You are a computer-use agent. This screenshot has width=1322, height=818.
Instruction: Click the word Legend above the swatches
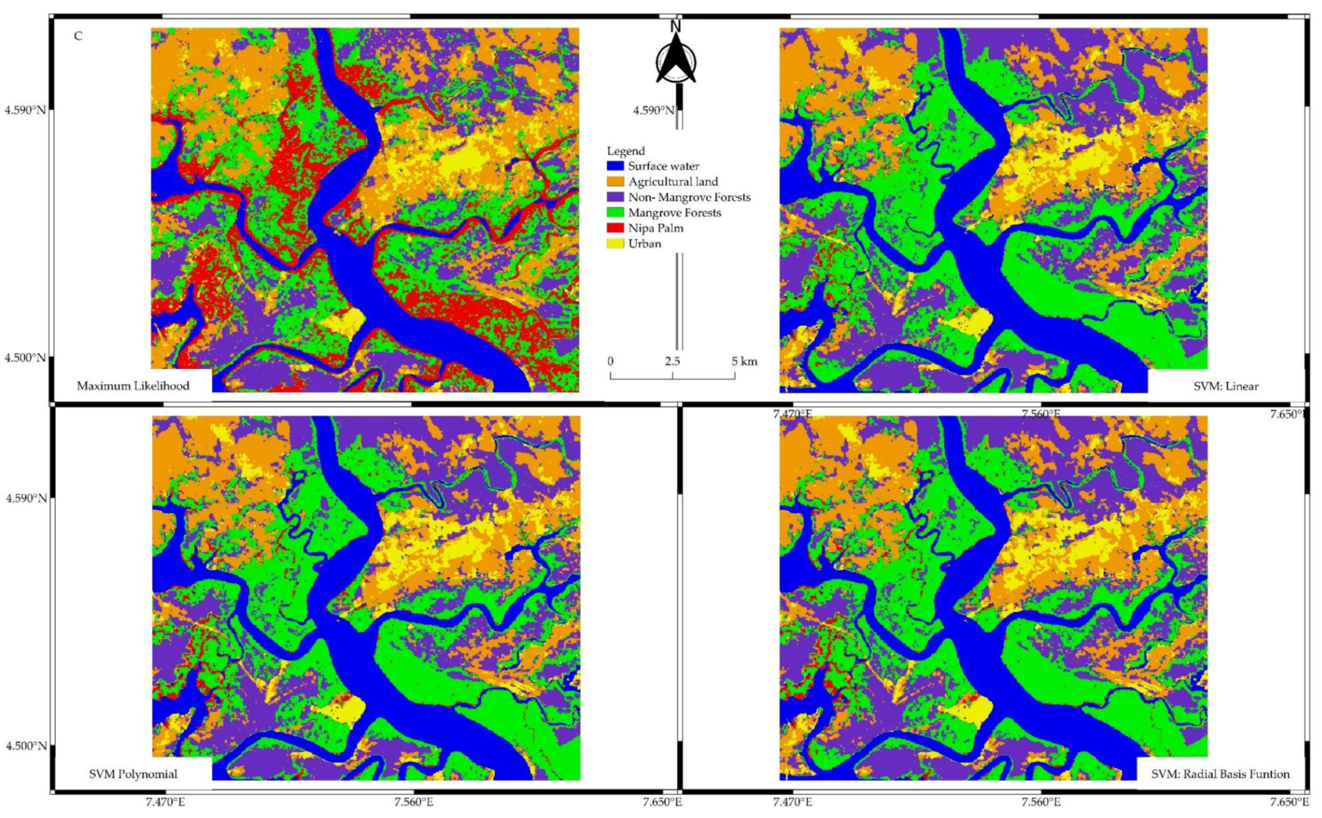coord(626,151)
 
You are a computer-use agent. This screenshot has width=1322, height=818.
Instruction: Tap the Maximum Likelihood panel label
coord(133,386)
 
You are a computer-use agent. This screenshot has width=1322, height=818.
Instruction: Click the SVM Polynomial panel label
coord(133,774)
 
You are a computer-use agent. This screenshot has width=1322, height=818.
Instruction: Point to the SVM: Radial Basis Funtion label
coord(1220,774)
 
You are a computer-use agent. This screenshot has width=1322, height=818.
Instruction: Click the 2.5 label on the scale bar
coord(673,361)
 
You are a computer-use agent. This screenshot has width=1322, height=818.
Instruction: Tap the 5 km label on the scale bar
coord(744,361)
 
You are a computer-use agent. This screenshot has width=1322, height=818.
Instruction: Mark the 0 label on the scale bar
coord(611,361)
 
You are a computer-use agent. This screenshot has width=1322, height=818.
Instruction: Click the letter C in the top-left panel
coord(78,36)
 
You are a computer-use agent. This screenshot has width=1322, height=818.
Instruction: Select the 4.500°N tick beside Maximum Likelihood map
coord(25,358)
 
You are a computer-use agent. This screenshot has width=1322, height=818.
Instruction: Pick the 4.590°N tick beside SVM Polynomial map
coord(25,497)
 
